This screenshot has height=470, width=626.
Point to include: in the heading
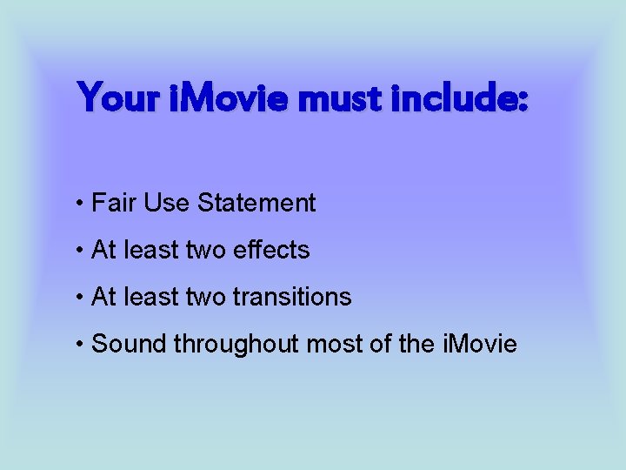pos(458,97)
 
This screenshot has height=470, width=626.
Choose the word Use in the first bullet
pos(167,204)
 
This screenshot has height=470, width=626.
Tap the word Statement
pos(256,204)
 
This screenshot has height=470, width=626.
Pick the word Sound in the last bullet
pos(130,345)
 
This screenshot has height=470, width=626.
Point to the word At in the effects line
pos(103,251)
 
